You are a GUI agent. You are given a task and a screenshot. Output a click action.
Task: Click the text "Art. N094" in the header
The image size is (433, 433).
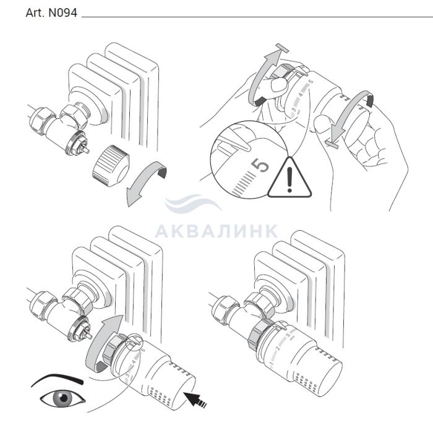[x=51, y=13]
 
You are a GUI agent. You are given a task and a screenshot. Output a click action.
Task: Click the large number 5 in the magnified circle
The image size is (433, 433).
[x=260, y=165]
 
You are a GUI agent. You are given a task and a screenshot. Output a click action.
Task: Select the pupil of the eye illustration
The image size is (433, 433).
[x=64, y=398]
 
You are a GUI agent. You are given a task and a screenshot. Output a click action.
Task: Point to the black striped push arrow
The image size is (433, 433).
[x=195, y=400]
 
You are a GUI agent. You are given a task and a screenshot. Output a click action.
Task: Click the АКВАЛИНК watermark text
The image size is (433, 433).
[x=216, y=231]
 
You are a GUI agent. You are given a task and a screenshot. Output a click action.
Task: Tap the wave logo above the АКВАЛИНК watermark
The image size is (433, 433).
[x=193, y=203]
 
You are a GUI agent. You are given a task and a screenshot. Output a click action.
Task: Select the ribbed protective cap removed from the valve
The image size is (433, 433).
[x=111, y=165]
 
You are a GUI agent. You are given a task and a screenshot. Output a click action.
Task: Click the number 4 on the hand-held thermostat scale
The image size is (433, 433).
[x=301, y=95]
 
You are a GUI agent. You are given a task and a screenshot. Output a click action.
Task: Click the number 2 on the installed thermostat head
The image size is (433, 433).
[x=278, y=348]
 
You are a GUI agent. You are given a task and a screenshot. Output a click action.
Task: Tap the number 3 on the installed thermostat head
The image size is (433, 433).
[x=288, y=336]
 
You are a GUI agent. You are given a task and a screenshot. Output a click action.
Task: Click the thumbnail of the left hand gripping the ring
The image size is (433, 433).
[x=279, y=84]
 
